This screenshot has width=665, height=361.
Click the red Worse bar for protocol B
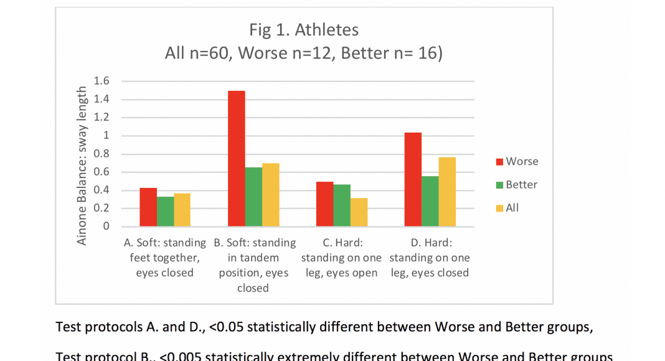coord(236,158)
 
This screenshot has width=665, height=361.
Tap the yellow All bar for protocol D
coord(447,192)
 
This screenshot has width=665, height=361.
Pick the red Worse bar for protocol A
coord(148,207)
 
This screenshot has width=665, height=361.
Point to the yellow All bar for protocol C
coord(359,212)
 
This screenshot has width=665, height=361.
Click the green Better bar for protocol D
coord(430,201)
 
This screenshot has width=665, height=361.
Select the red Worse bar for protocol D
coord(413,179)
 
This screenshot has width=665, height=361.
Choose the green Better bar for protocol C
coord(342,205)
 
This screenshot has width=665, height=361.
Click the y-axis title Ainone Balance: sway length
coord(82,166)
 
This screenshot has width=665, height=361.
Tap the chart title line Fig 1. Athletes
coord(303,30)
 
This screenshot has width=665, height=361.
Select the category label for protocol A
coord(164,258)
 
